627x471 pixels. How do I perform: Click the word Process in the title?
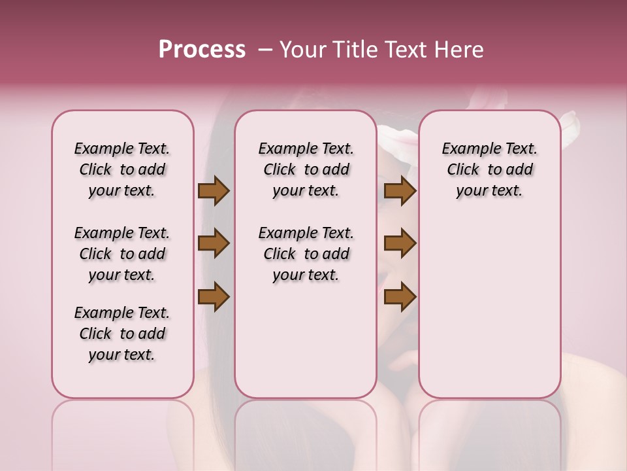click(x=202, y=50)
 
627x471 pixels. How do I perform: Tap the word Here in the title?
click(x=459, y=50)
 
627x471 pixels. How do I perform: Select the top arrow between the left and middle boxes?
click(x=214, y=190)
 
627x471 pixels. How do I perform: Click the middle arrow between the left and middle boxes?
click(x=214, y=243)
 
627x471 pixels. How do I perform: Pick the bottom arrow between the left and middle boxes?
click(x=214, y=296)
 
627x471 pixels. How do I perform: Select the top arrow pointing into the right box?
click(x=400, y=190)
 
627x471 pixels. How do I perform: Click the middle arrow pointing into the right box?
click(x=400, y=243)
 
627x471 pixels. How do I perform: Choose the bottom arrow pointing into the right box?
click(x=400, y=296)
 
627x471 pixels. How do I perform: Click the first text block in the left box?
click(x=122, y=169)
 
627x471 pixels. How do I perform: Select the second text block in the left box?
click(x=122, y=254)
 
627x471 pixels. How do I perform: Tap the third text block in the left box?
click(x=122, y=334)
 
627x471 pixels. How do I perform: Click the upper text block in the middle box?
click(x=306, y=169)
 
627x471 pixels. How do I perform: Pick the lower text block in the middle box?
click(x=306, y=254)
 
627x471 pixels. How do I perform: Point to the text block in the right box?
click(x=489, y=169)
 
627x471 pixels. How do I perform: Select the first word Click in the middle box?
click(x=280, y=170)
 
